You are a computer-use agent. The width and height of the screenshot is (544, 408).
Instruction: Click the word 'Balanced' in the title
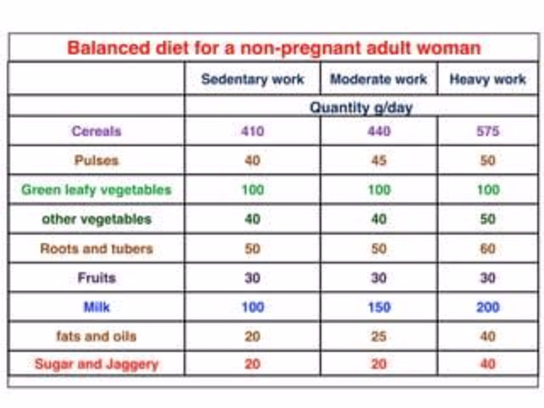coord(109,48)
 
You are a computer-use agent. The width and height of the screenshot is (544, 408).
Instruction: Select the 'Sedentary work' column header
coord(253,79)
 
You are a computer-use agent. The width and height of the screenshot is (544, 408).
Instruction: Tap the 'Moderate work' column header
coord(378,79)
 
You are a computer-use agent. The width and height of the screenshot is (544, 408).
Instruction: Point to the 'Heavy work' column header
coord(488,79)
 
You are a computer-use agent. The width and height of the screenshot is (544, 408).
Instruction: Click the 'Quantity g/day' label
coord(361,107)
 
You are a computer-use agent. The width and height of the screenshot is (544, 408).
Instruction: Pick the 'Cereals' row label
coord(96,131)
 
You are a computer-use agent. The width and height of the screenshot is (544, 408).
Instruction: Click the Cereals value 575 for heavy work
coord(488,131)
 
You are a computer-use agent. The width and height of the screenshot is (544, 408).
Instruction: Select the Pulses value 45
coord(379,160)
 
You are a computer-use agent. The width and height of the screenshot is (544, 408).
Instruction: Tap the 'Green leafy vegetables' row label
coord(96,190)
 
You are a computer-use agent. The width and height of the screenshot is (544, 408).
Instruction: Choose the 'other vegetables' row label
coord(97,219)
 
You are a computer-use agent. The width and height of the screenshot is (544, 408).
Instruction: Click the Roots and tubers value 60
coord(488,249)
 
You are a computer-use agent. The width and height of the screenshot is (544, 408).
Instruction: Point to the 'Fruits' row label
coord(96,278)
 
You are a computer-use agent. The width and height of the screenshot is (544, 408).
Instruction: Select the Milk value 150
coord(379,307)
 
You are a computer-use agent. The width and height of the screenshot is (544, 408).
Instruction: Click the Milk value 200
coord(488,307)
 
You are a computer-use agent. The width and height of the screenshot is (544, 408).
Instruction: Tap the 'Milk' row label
coord(97,307)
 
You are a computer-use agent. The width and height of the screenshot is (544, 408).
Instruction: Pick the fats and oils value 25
coord(379,337)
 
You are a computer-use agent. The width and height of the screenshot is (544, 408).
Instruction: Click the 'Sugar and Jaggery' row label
coord(96,364)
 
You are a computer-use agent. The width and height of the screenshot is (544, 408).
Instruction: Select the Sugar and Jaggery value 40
coord(488,364)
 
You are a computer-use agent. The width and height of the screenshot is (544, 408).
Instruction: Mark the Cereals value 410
coord(253,131)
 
